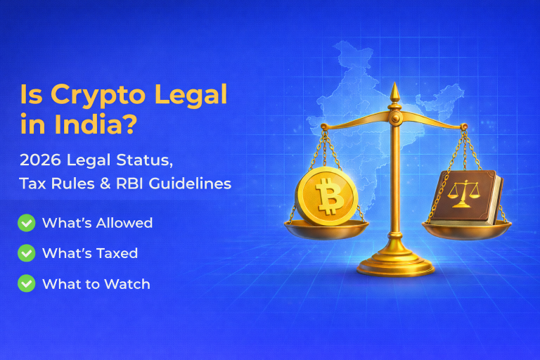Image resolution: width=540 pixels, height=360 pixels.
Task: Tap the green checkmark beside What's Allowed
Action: point(27,223)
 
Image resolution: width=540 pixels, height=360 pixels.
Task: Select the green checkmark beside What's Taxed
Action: point(27,253)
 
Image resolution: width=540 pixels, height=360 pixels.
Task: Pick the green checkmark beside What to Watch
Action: point(27,283)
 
